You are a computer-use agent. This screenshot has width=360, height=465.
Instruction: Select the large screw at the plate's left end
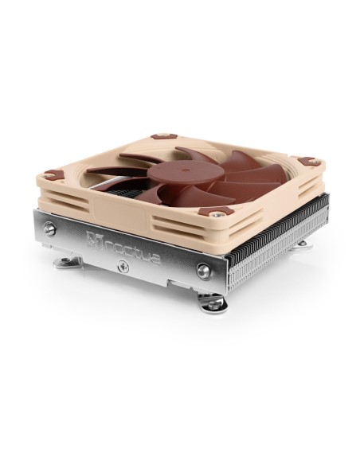click(50, 229)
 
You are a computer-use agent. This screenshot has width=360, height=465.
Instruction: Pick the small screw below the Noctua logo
click(123, 267)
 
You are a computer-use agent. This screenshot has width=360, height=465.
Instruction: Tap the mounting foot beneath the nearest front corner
click(213, 303)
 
